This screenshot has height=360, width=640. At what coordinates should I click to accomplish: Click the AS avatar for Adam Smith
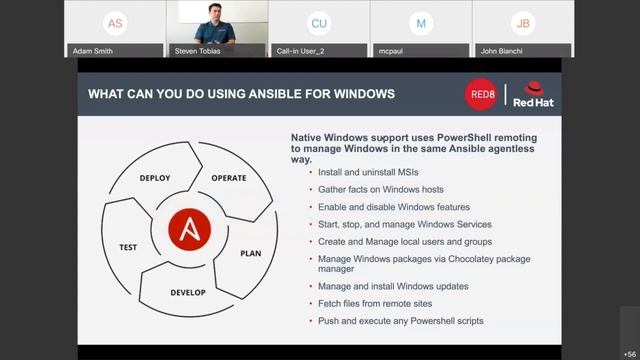click(x=115, y=23)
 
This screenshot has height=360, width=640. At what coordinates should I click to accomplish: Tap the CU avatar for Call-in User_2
click(x=319, y=23)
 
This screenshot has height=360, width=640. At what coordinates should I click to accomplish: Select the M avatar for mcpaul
click(x=421, y=23)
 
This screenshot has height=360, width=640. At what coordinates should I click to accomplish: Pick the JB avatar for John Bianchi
click(x=523, y=23)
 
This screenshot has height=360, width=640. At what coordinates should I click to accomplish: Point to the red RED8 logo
click(x=481, y=95)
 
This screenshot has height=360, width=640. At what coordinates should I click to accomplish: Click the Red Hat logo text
click(x=533, y=102)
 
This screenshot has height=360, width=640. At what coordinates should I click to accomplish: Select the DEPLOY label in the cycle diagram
click(x=155, y=178)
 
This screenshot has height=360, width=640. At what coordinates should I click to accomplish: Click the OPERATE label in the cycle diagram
click(x=228, y=178)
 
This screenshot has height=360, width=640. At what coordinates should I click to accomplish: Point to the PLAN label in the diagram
click(x=250, y=253)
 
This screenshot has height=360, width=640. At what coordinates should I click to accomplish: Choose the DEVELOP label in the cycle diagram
click(x=188, y=293)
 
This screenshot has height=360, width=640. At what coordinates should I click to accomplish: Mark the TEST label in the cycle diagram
click(x=128, y=247)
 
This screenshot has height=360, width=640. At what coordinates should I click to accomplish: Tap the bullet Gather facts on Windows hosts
click(x=380, y=189)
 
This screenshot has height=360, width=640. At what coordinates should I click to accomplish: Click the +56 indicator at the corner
click(x=629, y=354)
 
